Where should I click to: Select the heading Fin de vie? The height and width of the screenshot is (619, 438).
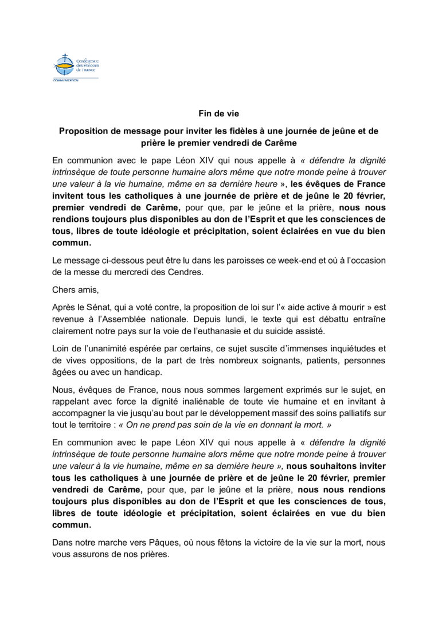point(218,113)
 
